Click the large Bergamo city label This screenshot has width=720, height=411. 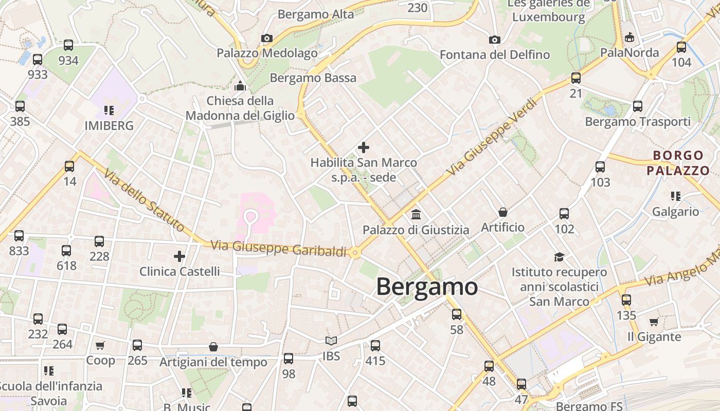point(427,287)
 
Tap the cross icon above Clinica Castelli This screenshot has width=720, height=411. point(179,256)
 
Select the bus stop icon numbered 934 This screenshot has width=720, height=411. point(68,45)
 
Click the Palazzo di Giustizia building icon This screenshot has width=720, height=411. point(416,214)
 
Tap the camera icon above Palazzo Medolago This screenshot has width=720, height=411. point(266,38)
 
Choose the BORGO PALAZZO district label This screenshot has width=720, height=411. point(678,163)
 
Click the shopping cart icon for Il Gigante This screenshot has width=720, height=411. point(654,322)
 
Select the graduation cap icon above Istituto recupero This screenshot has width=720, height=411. point(559,257)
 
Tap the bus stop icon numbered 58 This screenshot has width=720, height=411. point(457,314)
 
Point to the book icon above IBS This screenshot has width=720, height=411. point(331,341)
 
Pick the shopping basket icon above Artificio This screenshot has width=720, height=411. point(503,212)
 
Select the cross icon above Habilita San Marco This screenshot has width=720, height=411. point(364,147)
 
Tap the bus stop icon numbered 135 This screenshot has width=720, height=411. point(626,300)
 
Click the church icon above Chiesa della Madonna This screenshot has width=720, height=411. point(240,85)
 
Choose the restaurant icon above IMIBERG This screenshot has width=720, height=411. point(109,110)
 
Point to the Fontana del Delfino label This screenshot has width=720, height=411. point(495,54)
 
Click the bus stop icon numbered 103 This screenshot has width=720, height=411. point(600,167)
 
